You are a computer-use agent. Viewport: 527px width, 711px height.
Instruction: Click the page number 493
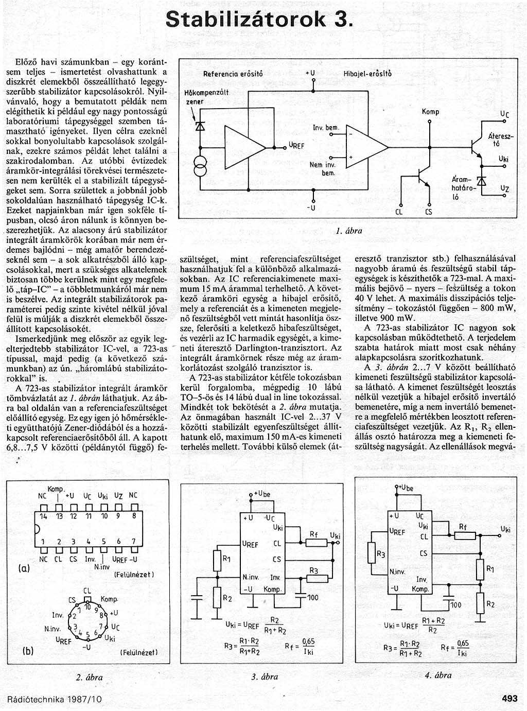click(x=509, y=699)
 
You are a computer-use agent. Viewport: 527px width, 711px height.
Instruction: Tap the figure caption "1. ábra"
click(x=348, y=231)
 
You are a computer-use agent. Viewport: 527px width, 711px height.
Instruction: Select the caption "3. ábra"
click(x=265, y=677)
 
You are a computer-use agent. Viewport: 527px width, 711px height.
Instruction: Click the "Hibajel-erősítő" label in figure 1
click(x=367, y=74)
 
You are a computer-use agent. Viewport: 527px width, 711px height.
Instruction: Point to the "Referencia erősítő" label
click(x=233, y=74)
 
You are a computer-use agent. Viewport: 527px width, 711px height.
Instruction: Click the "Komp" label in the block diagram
click(x=430, y=112)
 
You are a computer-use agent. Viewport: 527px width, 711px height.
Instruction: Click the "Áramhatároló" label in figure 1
click(x=462, y=187)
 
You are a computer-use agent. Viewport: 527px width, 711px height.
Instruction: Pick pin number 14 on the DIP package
click(x=43, y=515)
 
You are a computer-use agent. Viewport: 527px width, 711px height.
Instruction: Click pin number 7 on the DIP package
click(x=133, y=541)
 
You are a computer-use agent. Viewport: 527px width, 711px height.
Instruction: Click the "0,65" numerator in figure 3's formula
click(x=308, y=642)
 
